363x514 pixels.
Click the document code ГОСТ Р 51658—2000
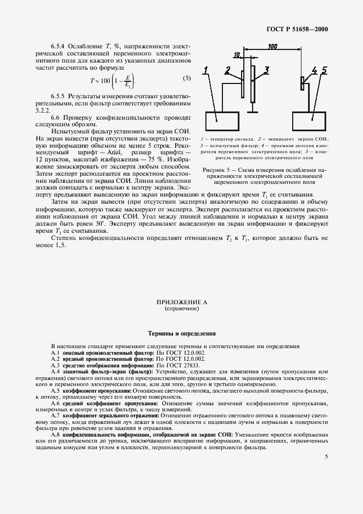point(297,29)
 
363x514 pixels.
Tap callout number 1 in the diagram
point(205,70)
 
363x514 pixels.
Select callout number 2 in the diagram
point(227,70)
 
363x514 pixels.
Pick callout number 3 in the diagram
point(266,70)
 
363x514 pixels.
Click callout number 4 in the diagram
point(314,70)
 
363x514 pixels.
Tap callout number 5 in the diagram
point(325,70)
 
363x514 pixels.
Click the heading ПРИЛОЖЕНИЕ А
point(181,303)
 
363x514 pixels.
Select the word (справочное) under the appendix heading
point(181,309)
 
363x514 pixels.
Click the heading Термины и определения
point(181,333)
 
